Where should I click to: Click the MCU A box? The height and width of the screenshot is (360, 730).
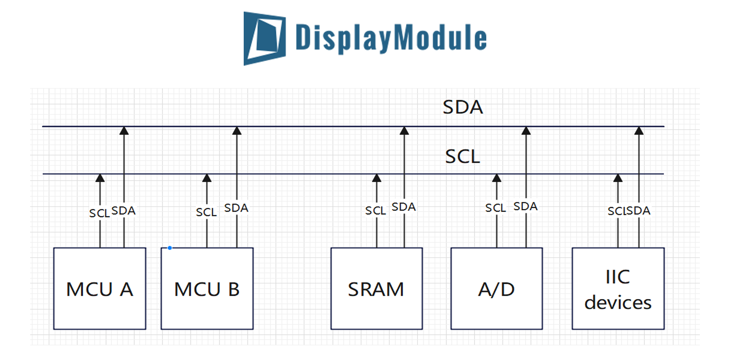(x=100, y=289)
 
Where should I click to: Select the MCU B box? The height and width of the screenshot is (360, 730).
(x=207, y=289)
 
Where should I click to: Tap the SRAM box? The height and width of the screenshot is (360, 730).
(x=376, y=289)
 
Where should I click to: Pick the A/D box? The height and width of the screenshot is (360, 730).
(x=496, y=289)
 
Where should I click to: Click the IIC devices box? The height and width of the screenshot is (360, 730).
(x=618, y=289)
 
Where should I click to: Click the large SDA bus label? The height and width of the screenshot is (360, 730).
(x=462, y=107)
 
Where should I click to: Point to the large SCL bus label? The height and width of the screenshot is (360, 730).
(x=462, y=156)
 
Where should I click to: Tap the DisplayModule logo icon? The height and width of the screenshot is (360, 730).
(x=265, y=38)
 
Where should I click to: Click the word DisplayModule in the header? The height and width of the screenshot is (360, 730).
(x=391, y=37)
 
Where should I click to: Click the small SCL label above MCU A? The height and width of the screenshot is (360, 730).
(x=99, y=213)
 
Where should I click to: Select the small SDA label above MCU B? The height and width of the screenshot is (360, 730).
(x=236, y=208)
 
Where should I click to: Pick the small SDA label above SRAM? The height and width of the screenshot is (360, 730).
(x=404, y=207)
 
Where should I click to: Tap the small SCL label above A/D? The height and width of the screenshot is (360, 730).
(x=495, y=208)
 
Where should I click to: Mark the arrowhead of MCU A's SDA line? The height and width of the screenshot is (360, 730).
(x=124, y=131)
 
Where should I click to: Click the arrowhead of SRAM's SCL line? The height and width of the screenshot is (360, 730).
(x=377, y=178)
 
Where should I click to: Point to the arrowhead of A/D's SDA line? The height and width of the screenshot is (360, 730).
(x=526, y=131)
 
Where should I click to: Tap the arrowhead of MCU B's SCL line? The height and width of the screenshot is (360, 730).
(x=207, y=178)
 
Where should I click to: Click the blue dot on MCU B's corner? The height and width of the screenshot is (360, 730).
(x=170, y=248)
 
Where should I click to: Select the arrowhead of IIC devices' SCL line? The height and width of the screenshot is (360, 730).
(x=618, y=178)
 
